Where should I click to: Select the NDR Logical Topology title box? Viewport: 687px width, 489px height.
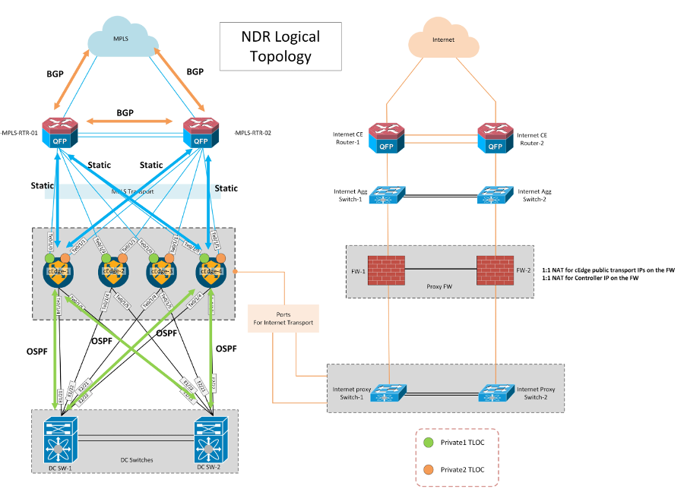[280, 46]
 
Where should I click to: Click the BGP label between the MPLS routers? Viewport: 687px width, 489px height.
[125, 112]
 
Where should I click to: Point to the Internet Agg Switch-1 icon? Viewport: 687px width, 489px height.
[388, 195]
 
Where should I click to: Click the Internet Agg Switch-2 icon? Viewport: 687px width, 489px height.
[495, 195]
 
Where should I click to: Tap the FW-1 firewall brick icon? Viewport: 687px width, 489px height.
[388, 270]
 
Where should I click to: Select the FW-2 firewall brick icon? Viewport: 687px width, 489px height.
[495, 270]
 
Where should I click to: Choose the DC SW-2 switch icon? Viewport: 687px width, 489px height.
[212, 440]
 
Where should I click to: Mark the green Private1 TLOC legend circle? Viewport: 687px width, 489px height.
[428, 441]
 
